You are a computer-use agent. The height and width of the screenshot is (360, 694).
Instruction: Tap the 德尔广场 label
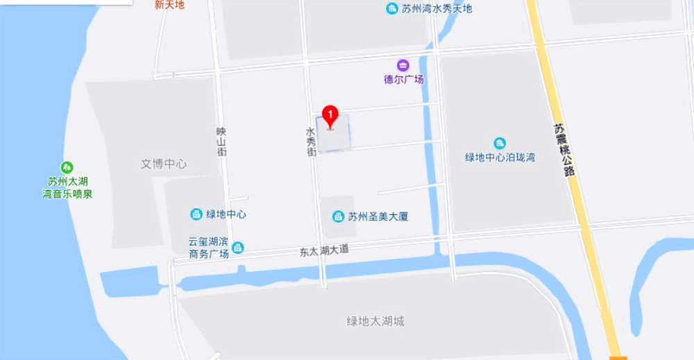point(404,79)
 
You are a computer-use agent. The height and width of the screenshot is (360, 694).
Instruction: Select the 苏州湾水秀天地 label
point(437,9)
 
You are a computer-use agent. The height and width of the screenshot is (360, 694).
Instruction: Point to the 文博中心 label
point(164,164)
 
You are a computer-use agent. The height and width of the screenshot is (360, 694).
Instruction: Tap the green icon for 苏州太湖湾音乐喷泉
point(67,167)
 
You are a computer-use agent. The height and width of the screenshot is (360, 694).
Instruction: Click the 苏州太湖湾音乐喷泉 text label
point(67,188)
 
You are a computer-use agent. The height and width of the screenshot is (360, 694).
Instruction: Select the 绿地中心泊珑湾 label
point(500,157)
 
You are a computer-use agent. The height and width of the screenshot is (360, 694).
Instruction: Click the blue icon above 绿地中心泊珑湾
point(500,143)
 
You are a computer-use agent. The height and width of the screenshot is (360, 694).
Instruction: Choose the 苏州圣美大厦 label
point(378,216)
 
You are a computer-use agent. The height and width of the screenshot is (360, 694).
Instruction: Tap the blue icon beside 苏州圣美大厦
point(338,216)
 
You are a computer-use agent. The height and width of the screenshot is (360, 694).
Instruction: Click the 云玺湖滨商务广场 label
point(208,248)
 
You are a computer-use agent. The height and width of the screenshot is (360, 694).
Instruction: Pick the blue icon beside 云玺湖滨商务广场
point(238,248)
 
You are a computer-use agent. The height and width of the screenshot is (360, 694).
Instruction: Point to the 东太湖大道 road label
point(325,252)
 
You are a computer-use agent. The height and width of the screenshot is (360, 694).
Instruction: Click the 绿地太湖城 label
point(375,321)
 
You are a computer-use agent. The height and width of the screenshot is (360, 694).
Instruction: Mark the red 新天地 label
point(169,5)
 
